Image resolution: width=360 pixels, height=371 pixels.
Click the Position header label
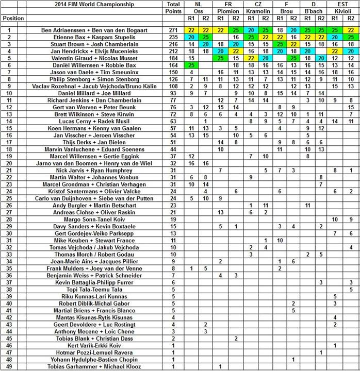12,18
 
